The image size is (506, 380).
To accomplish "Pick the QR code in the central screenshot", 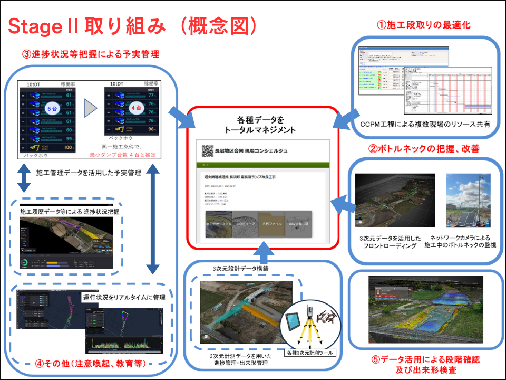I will point(207,151).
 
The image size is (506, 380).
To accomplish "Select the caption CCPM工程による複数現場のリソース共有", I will point(426,125).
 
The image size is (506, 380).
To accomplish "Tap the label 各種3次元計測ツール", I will point(309,352).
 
